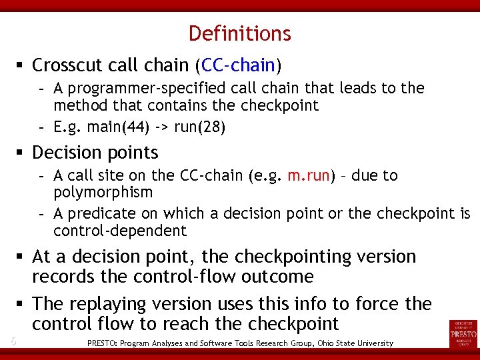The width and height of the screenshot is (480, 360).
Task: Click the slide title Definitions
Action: pos(239,33)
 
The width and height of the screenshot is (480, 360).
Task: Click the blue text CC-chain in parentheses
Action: pos(238,65)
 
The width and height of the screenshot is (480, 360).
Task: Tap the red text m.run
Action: pos(309,176)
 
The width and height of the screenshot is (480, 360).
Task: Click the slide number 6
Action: pos(13,341)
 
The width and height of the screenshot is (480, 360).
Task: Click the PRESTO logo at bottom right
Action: pos(463,333)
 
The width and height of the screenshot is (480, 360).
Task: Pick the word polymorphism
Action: pos(103,193)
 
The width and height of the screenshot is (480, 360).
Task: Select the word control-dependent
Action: pos(120,231)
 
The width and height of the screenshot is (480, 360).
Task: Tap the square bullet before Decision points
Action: pos(21,153)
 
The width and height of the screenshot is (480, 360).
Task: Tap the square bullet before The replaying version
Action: pos(21,304)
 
